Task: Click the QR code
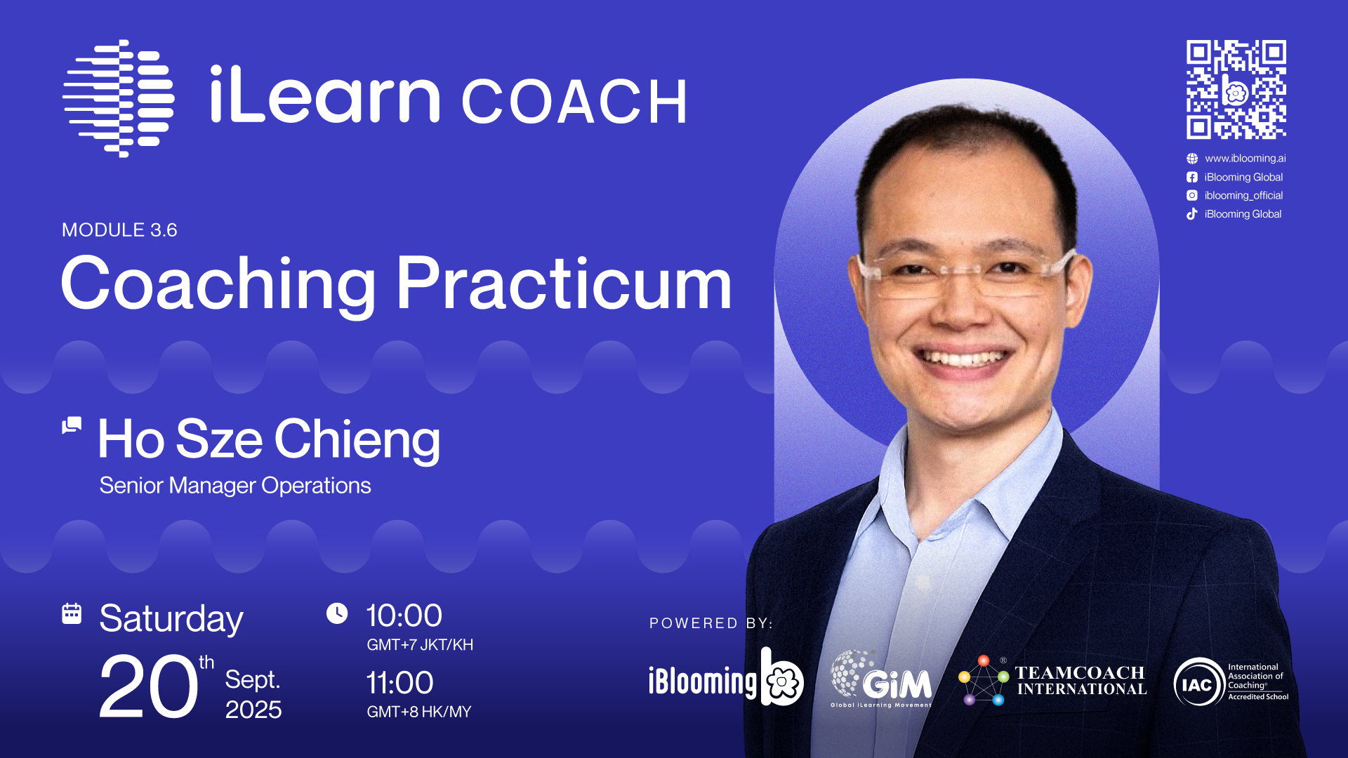click(x=1236, y=89)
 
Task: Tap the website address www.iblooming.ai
click(x=1245, y=159)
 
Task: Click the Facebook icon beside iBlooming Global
click(x=1192, y=178)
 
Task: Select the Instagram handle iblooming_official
click(x=1243, y=196)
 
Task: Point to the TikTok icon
click(x=1192, y=214)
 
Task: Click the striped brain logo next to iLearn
click(x=119, y=98)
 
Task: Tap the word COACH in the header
click(x=574, y=102)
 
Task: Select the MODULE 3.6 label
click(x=119, y=230)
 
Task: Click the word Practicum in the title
click(x=564, y=284)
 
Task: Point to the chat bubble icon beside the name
click(x=72, y=425)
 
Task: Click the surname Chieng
click(x=357, y=440)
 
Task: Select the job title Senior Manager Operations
click(x=235, y=486)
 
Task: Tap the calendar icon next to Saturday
click(x=72, y=613)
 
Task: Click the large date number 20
click(x=148, y=686)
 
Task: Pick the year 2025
click(x=253, y=710)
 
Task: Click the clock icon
click(x=337, y=613)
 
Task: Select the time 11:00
click(x=400, y=683)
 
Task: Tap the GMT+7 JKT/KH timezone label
click(x=420, y=645)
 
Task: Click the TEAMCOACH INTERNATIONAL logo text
click(x=1081, y=681)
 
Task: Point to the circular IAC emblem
click(x=1198, y=682)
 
